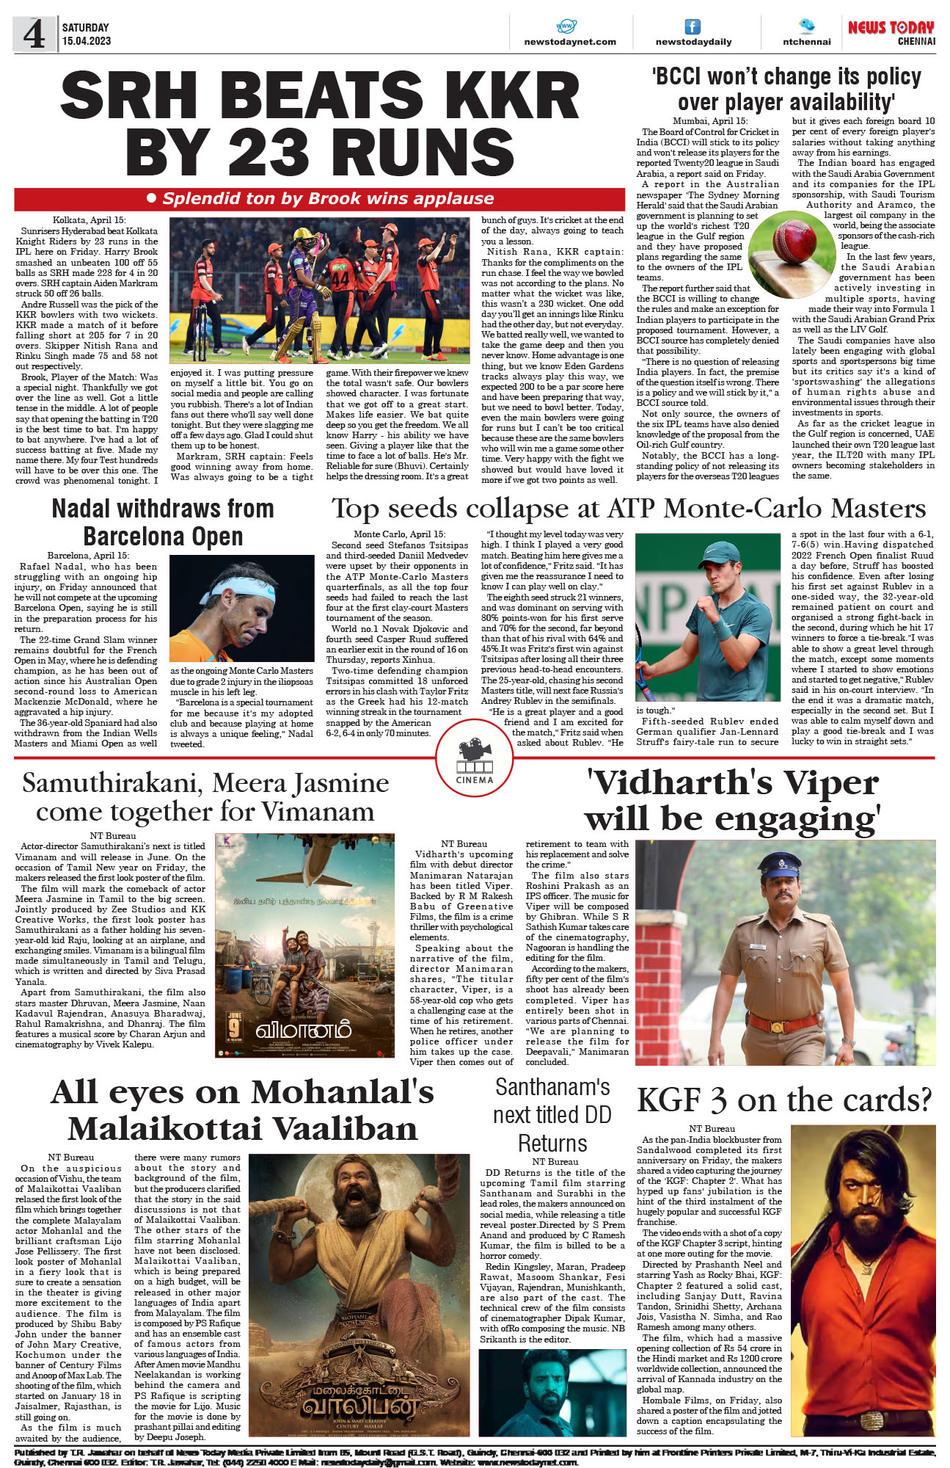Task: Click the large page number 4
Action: tap(34, 34)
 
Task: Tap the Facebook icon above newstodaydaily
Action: tap(692, 27)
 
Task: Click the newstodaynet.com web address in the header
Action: tap(569, 42)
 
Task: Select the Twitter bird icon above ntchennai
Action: tap(806, 26)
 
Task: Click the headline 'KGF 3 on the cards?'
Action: tap(784, 1100)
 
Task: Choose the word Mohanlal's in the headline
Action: tap(343, 1092)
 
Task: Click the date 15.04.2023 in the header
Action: tap(87, 41)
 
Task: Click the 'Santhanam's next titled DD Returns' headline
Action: tap(552, 1114)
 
